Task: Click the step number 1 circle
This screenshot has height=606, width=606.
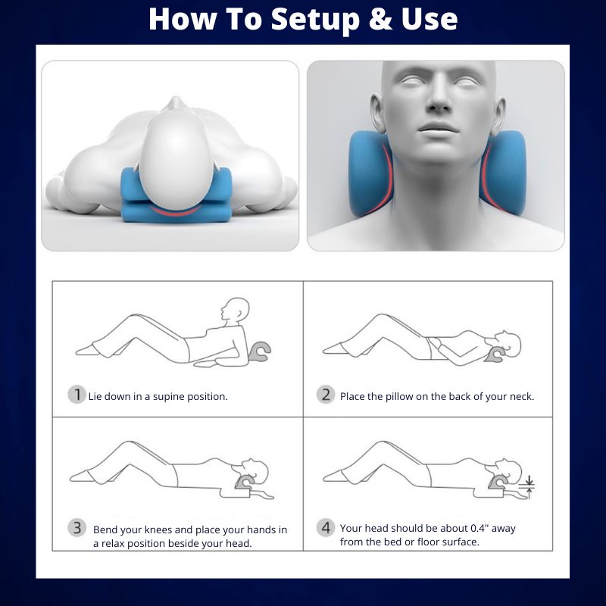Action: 76,395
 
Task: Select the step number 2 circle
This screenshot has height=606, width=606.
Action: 326,395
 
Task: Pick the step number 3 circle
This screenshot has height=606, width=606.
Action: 76,527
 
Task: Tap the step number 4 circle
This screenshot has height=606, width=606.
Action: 326,527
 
